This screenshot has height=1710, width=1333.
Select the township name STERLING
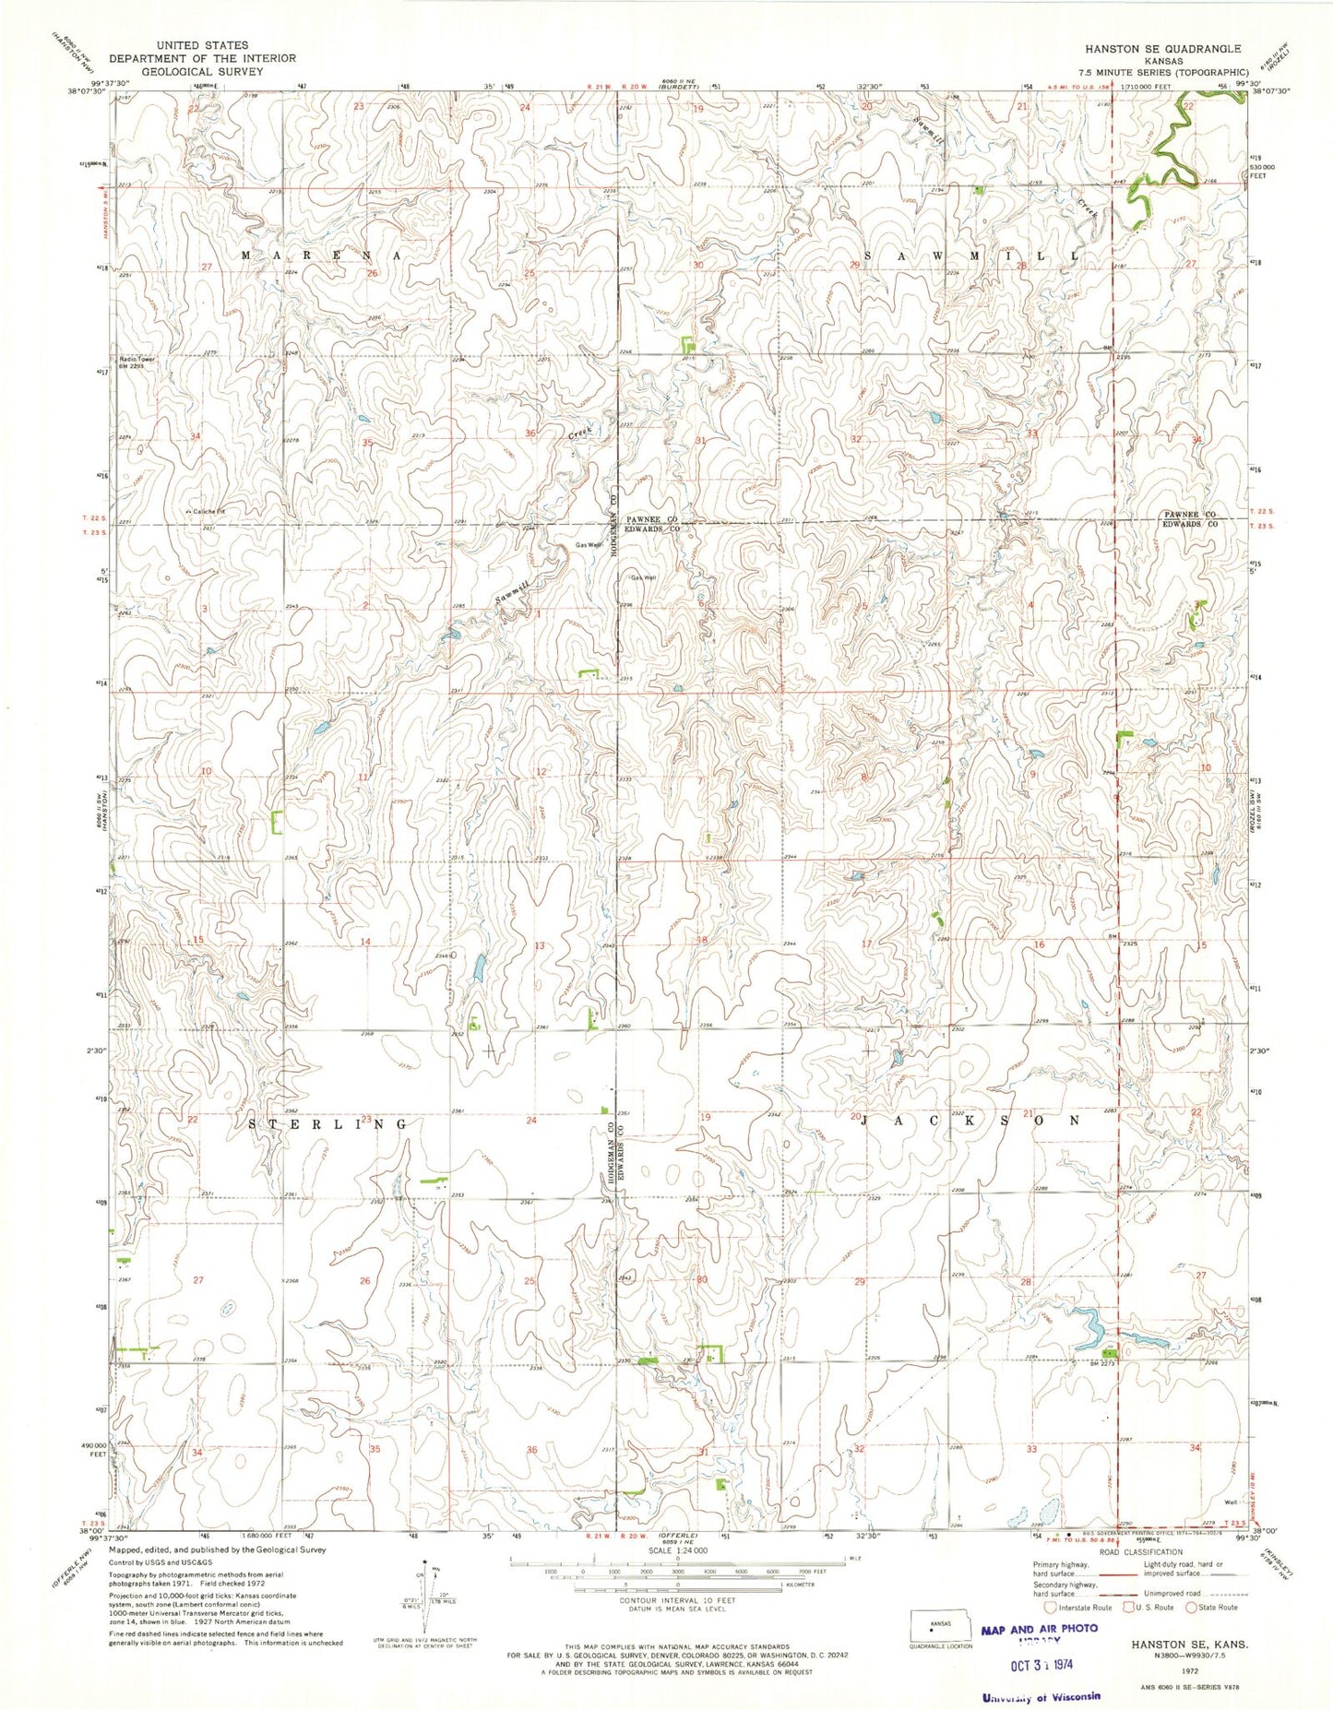[328, 1124]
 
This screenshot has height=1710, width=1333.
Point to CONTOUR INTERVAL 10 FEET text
[677, 1600]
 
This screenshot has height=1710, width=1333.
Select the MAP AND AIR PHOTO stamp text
[1040, 1629]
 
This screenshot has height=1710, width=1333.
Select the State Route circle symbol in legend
[1191, 1608]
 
